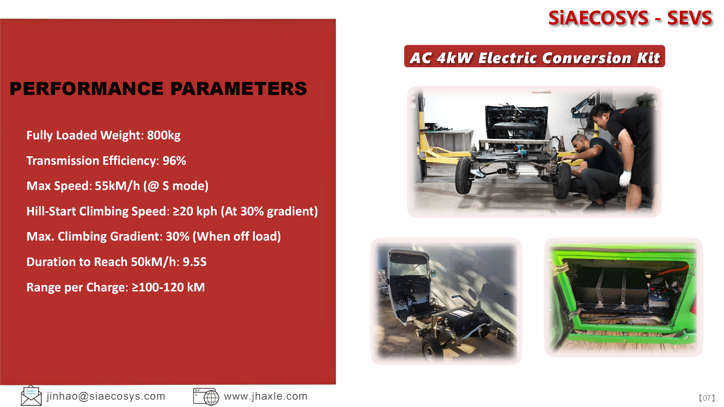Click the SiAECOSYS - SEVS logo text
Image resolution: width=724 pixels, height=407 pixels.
[x=630, y=18]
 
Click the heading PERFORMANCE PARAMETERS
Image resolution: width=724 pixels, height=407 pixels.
[x=158, y=88]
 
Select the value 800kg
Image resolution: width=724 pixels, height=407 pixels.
[x=164, y=135]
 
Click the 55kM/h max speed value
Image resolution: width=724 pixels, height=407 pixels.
[x=117, y=186]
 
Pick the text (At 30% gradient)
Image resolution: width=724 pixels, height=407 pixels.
[x=269, y=211]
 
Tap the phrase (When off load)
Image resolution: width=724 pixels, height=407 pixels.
[x=237, y=237]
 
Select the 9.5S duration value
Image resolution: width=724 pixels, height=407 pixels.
[x=195, y=262]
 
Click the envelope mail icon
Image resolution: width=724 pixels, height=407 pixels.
[x=31, y=396]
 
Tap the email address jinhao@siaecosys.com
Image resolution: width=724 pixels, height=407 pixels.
[x=106, y=396]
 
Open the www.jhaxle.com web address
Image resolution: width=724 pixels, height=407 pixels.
[x=266, y=396]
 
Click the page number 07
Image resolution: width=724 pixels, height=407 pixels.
[x=707, y=398]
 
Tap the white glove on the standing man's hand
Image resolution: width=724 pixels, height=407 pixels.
[x=625, y=178]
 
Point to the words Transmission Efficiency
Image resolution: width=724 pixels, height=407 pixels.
[x=91, y=161]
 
